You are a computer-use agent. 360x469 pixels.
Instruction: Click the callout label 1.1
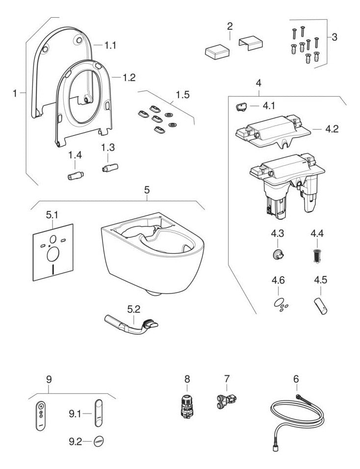111,45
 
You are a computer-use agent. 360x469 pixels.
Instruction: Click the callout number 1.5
182,95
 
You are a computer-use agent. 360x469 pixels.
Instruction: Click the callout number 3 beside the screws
334,37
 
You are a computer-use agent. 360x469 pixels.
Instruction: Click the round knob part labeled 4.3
278,254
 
